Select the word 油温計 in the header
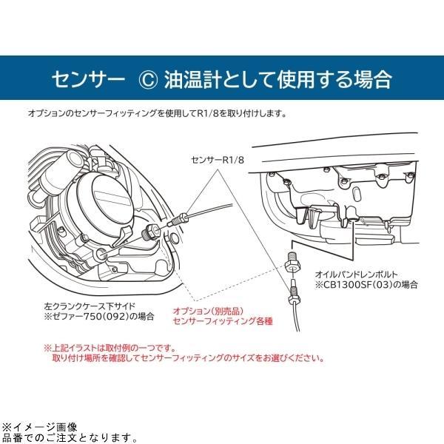[189, 78]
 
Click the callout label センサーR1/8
[216, 159]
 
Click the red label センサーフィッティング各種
[220, 323]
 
